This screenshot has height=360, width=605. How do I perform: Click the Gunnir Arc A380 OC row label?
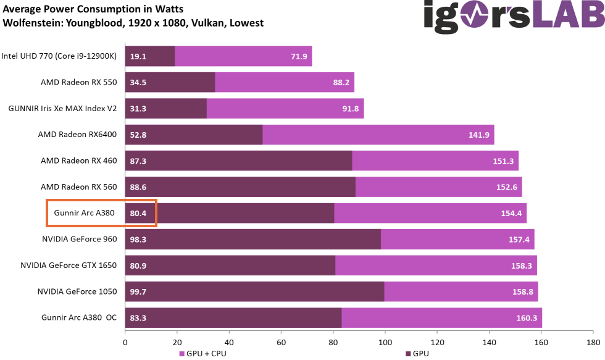79,317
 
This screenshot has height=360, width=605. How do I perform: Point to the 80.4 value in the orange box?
138,213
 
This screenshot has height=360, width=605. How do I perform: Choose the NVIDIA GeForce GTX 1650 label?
69,265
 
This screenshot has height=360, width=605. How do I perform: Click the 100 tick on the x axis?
385,342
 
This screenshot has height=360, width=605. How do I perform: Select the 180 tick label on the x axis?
593,342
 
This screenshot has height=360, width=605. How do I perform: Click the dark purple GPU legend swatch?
409,354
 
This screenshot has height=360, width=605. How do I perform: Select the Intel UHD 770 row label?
59,56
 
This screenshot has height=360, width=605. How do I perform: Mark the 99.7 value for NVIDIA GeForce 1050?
138,291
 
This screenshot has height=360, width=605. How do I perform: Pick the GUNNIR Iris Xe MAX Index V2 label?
62,108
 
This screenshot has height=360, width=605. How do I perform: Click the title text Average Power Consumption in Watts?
93,9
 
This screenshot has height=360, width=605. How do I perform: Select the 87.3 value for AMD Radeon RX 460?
138,161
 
